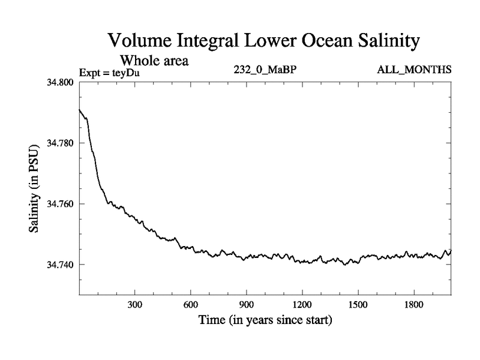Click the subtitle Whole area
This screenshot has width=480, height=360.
click(155, 60)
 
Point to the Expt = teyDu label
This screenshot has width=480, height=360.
click(109, 73)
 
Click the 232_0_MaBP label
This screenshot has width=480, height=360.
click(265, 70)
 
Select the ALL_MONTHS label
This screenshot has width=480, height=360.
click(414, 70)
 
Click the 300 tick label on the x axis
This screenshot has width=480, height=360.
click(135, 305)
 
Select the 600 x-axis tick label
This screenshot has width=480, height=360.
click(191, 305)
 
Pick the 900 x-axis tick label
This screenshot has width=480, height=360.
click(247, 305)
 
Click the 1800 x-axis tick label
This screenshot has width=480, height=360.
click(413, 305)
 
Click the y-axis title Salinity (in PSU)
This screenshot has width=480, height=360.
click(35, 188)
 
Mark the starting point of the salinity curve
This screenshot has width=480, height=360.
click(80, 110)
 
